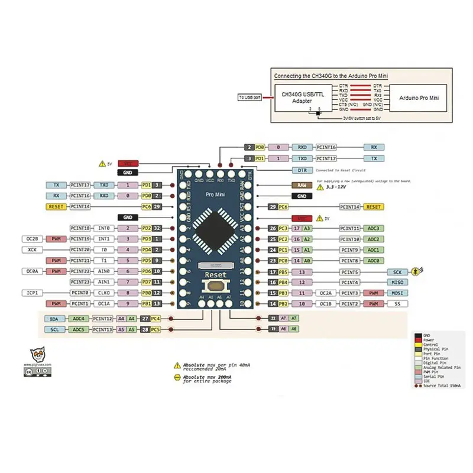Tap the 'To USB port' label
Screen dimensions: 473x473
[250, 97]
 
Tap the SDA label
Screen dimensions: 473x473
[54, 319]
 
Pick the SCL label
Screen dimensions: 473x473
[54, 329]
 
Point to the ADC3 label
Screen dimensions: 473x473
[373, 228]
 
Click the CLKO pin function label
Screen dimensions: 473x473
[104, 293]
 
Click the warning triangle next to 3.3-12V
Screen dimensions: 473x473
[321, 187]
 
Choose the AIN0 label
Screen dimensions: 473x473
[104, 271]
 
